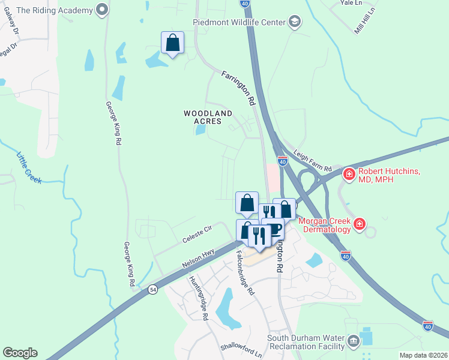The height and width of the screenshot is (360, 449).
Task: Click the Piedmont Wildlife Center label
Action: (240, 23)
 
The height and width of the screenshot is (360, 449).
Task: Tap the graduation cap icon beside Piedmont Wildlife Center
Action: (294, 23)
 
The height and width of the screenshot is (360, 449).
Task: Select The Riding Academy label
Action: (55, 10)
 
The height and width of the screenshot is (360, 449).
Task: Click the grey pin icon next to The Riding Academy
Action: (101, 10)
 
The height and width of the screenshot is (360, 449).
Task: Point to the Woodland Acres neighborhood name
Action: (208, 117)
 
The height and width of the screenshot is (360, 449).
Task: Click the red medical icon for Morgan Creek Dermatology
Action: (360, 224)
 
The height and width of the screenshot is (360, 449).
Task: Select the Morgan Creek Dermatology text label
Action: (325, 224)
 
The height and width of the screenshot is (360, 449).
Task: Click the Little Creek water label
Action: (29, 167)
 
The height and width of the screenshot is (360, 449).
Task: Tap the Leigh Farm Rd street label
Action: (312, 161)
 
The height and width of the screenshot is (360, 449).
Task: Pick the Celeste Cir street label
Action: (198, 233)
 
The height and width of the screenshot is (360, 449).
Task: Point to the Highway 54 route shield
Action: (153, 289)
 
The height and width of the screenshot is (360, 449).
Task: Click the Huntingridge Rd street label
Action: (198, 298)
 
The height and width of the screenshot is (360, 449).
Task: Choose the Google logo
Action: (20, 353)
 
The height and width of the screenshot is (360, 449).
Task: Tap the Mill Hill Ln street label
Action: (364, 19)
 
